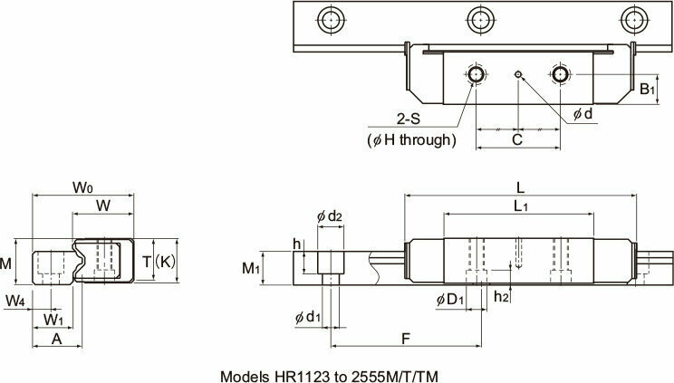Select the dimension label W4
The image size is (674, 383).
tap(15, 299)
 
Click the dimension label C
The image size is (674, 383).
tap(517, 140)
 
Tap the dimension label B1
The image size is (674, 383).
tap(648, 89)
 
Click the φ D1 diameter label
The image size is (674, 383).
tap(448, 299)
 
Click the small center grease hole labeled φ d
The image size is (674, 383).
tap(517, 73)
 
